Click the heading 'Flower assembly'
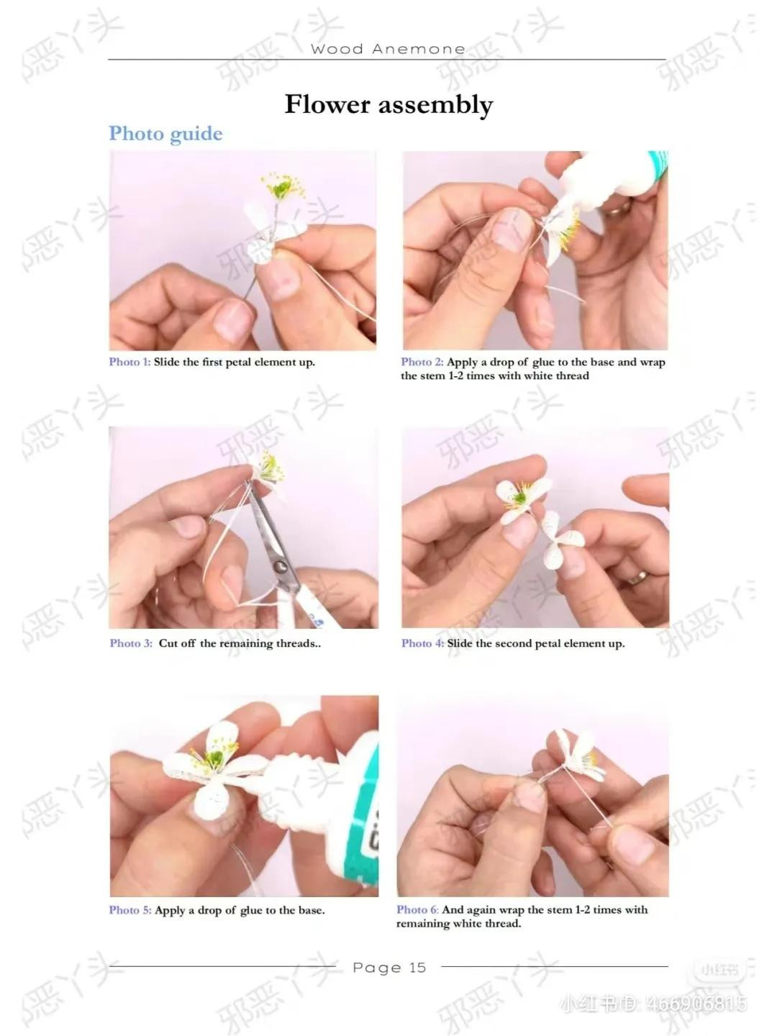coord(388,105)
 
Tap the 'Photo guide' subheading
coord(165,134)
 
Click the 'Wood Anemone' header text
coord(388,49)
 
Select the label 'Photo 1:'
coord(129,362)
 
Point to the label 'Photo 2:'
coord(422,362)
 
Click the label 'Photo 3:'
coord(131,643)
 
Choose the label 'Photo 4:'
coord(423,643)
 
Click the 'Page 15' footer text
coord(389,968)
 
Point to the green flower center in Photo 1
coord(281,189)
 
